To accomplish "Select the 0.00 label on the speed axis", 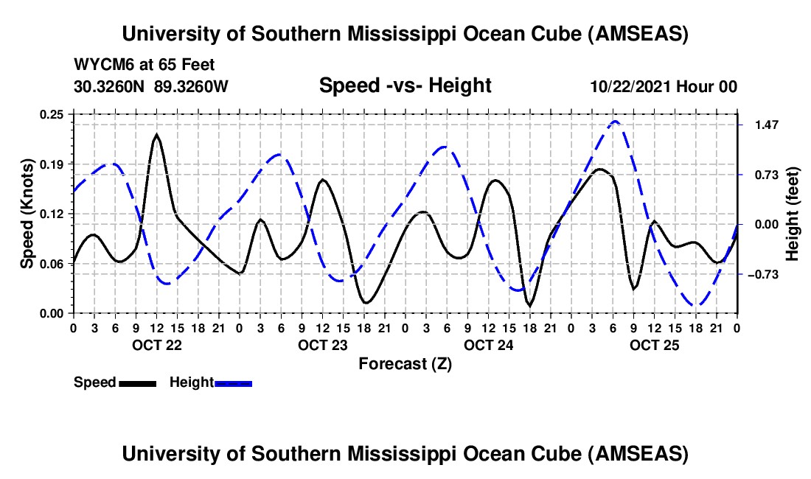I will tap(52, 313).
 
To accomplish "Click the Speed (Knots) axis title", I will tap(27, 214).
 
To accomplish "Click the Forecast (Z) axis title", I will tap(405, 363).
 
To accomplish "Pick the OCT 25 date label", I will tap(654, 345).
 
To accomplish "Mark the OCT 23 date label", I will tap(322, 345).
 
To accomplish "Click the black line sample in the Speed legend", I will tap(137, 383).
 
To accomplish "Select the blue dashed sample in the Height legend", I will tap(233, 383).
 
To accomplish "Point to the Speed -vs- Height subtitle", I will tap(405, 85).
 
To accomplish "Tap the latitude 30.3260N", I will tap(110, 86).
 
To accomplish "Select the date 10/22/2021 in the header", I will tap(630, 86).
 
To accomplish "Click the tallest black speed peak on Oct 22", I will tap(156, 136).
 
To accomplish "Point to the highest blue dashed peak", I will tap(615, 122).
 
